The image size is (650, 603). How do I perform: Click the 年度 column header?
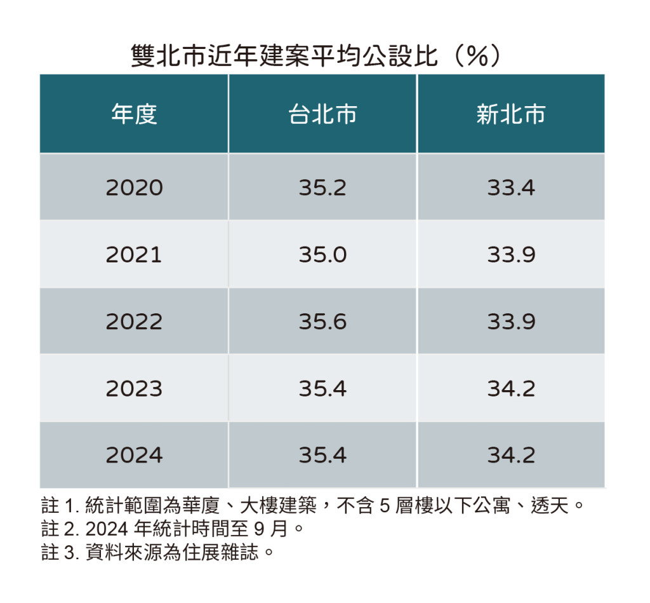coord(134,114)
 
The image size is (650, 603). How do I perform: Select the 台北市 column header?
coord(322,114)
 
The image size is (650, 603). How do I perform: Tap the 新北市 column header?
coord(510,114)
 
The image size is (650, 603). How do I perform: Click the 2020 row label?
coord(134,188)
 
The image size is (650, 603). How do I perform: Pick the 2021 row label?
coord(134,255)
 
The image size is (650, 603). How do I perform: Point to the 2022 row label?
coord(134,322)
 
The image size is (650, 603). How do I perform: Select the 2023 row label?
coord(134,388)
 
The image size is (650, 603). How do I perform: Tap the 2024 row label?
coord(134,455)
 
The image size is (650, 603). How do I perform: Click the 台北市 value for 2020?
coord(322,188)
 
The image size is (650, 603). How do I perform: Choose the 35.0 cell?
coord(322,255)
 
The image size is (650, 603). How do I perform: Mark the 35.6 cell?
coord(322,322)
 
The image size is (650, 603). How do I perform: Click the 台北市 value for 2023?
coord(322,388)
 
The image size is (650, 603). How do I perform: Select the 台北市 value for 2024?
coord(322,455)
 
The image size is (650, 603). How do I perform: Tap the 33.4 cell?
coord(511,188)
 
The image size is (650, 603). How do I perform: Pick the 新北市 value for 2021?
coord(511,255)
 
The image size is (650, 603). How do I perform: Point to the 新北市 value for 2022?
coord(511,322)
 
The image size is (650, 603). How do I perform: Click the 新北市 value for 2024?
coord(511,455)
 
